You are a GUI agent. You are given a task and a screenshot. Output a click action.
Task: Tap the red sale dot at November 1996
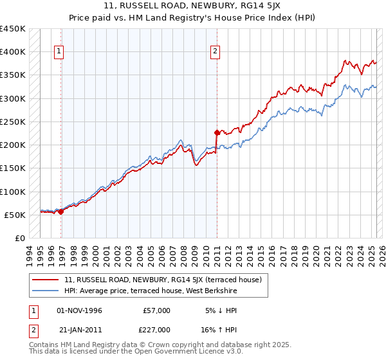point(61,212)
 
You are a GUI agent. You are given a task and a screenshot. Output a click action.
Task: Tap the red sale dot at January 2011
point(217,132)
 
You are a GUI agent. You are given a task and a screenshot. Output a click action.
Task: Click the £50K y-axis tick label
point(15,215)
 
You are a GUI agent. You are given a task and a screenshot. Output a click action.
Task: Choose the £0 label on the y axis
point(19,238)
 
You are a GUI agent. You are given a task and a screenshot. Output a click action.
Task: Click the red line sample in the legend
point(46,280)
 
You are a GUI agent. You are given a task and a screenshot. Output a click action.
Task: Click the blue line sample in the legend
point(46,291)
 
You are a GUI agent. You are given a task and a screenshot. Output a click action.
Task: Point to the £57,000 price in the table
point(157,310)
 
